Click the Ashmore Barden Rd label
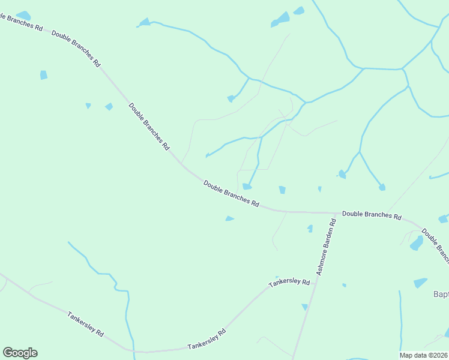click(327, 247)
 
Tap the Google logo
click(20, 353)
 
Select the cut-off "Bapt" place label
click(441, 295)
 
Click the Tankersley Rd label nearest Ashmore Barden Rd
click(289, 282)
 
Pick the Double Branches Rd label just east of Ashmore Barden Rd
click(372, 214)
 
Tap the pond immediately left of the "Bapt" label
click(420, 282)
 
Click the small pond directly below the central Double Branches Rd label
click(229, 218)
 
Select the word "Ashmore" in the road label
click(322, 261)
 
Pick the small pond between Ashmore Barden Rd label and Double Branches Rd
click(310, 229)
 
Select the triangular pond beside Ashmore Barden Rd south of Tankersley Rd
click(305, 307)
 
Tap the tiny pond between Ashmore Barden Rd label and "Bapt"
click(344, 285)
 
